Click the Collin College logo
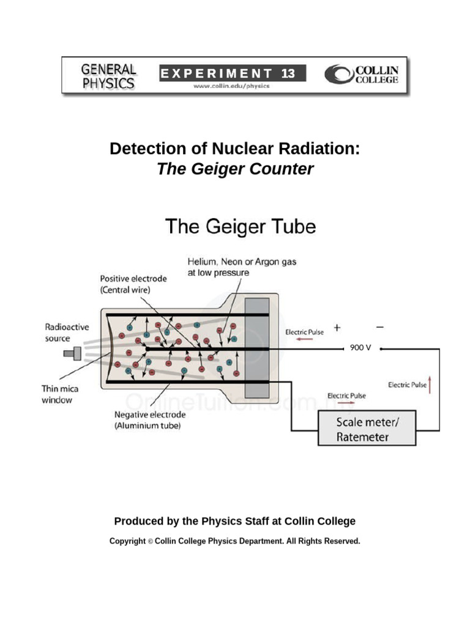tap(361, 74)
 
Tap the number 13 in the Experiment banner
tap(288, 73)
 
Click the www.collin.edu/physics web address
tap(231, 86)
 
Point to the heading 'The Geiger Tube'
tap(240, 226)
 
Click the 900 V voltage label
tap(360, 348)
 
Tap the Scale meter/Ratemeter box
tap(367, 428)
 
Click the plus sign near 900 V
tap(337, 328)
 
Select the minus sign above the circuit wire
tap(379, 327)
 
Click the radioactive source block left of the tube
tap(73, 353)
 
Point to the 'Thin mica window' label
tap(60, 394)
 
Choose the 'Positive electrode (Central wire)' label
tap(133, 284)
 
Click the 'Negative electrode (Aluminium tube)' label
tap(150, 420)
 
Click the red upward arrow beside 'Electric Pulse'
tap(430, 385)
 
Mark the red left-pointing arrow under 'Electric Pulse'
tap(304, 339)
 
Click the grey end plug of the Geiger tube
tap(256, 348)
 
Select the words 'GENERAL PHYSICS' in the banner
tap(108, 76)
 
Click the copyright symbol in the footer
tap(151, 542)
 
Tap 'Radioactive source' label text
tap(67, 333)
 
